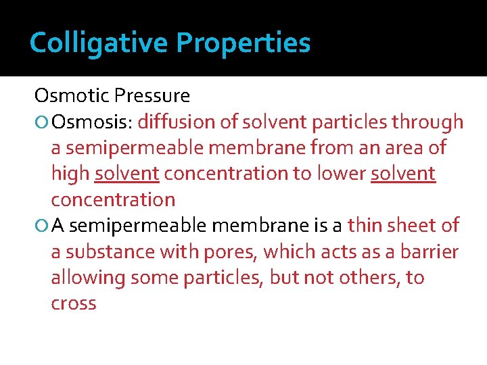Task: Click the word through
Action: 430,122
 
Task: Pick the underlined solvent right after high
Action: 127,174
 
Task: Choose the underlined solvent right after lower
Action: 403,174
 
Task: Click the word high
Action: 70,174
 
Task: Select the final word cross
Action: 74,303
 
